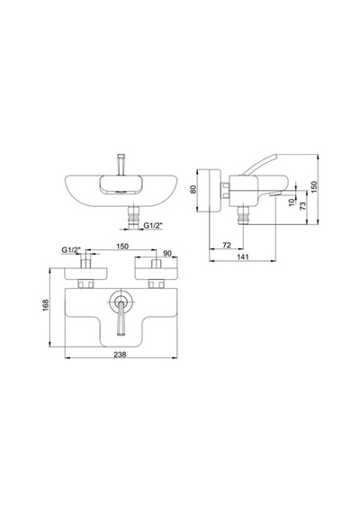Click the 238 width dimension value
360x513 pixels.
[120, 354]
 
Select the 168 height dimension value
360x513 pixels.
[46, 305]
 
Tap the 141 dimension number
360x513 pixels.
[242, 256]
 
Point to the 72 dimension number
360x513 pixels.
[227, 245]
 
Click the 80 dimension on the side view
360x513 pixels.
[193, 189]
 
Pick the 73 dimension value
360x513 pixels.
[303, 206]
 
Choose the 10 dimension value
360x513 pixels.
[292, 202]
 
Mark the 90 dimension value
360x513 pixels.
[167, 254]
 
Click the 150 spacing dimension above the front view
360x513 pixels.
[122, 247]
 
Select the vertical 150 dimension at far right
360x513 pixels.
[314, 187]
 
